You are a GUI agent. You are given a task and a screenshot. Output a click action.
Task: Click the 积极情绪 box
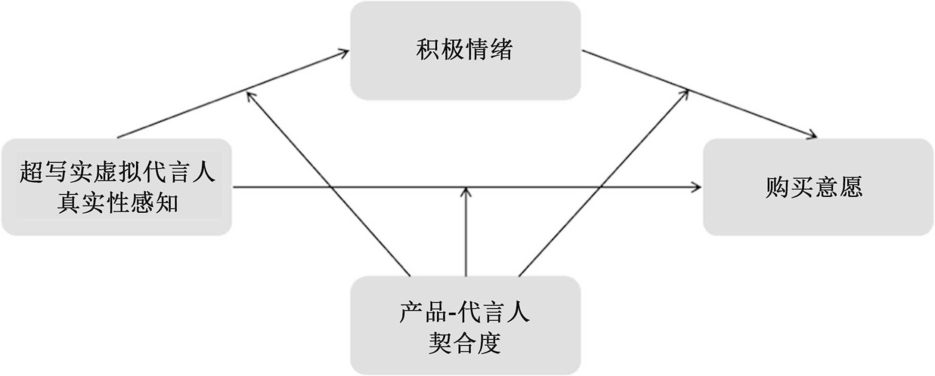465,51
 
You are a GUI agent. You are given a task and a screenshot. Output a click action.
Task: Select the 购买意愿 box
818,187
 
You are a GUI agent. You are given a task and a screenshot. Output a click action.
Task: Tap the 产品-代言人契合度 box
465,325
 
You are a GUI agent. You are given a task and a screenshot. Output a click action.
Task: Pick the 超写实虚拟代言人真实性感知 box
117,187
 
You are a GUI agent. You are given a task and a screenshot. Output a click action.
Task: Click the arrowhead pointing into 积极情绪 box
345,52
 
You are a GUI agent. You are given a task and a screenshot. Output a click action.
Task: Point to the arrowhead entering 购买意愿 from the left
697,187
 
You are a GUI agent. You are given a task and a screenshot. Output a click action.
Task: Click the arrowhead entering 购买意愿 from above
812,136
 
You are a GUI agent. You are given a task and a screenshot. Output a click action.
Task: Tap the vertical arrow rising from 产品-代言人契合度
466,234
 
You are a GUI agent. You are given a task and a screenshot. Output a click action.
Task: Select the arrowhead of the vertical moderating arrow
466,192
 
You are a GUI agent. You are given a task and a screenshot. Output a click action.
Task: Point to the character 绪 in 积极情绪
501,50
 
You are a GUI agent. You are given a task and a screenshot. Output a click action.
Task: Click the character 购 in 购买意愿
777,187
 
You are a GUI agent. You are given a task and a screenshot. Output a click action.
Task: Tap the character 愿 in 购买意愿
851,187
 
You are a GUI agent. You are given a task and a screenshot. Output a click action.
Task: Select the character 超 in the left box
31,172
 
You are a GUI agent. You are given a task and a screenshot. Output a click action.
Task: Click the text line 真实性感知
118,203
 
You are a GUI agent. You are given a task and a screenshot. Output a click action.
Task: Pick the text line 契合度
465,343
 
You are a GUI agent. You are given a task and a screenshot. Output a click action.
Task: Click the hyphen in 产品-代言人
452,313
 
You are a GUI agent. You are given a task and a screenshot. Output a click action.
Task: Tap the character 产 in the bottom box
410,312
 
